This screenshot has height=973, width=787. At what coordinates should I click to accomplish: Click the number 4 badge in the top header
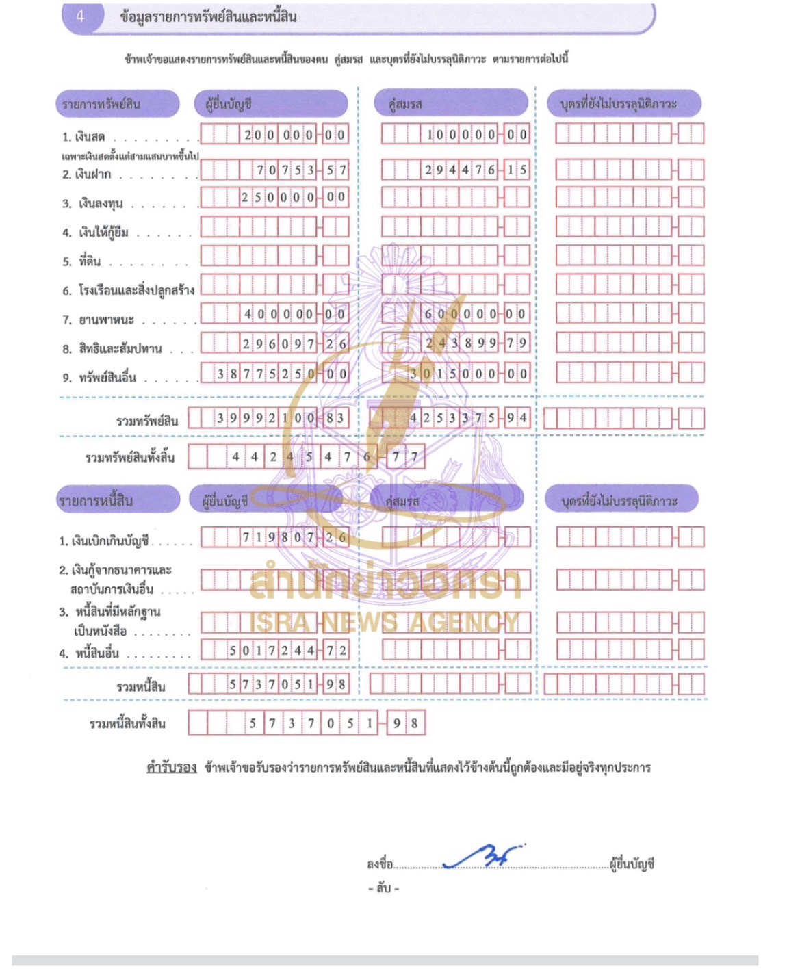pyautogui.click(x=80, y=16)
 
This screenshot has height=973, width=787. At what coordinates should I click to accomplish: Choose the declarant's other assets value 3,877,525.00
pyautogui.click(x=281, y=374)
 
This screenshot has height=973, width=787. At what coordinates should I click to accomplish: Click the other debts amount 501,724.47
pyautogui.click(x=287, y=650)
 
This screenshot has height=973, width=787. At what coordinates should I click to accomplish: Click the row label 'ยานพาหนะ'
pyautogui.click(x=106, y=320)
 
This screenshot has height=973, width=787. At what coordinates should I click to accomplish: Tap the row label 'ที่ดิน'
pyautogui.click(x=90, y=261)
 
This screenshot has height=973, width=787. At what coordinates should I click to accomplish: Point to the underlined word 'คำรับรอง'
pyautogui.click(x=172, y=767)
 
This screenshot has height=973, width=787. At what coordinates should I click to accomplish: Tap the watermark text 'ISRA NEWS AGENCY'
pyautogui.click(x=384, y=622)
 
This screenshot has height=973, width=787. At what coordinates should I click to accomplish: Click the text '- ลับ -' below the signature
pyautogui.click(x=383, y=888)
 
